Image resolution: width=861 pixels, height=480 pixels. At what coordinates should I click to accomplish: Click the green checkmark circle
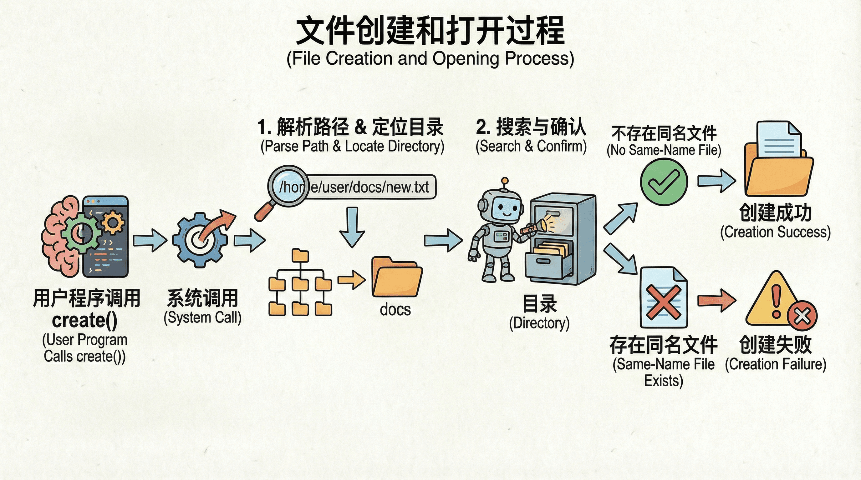[664, 182]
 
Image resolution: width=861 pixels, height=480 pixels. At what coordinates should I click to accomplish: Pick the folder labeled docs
[397, 277]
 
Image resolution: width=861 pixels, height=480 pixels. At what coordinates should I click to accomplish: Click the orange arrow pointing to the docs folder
[351, 280]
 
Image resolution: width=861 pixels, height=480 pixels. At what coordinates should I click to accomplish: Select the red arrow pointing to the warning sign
[716, 300]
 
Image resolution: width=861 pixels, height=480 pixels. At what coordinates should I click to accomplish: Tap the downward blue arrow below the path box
[352, 227]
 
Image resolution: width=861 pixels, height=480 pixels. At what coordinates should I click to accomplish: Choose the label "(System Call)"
[202, 317]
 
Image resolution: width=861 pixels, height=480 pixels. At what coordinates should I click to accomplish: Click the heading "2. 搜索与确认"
[531, 127]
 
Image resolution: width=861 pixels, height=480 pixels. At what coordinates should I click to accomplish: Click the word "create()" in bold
[84, 320]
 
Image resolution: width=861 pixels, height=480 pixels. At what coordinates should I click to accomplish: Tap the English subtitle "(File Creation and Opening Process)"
[430, 59]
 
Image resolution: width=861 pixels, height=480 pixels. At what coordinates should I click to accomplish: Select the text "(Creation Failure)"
[776, 364]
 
